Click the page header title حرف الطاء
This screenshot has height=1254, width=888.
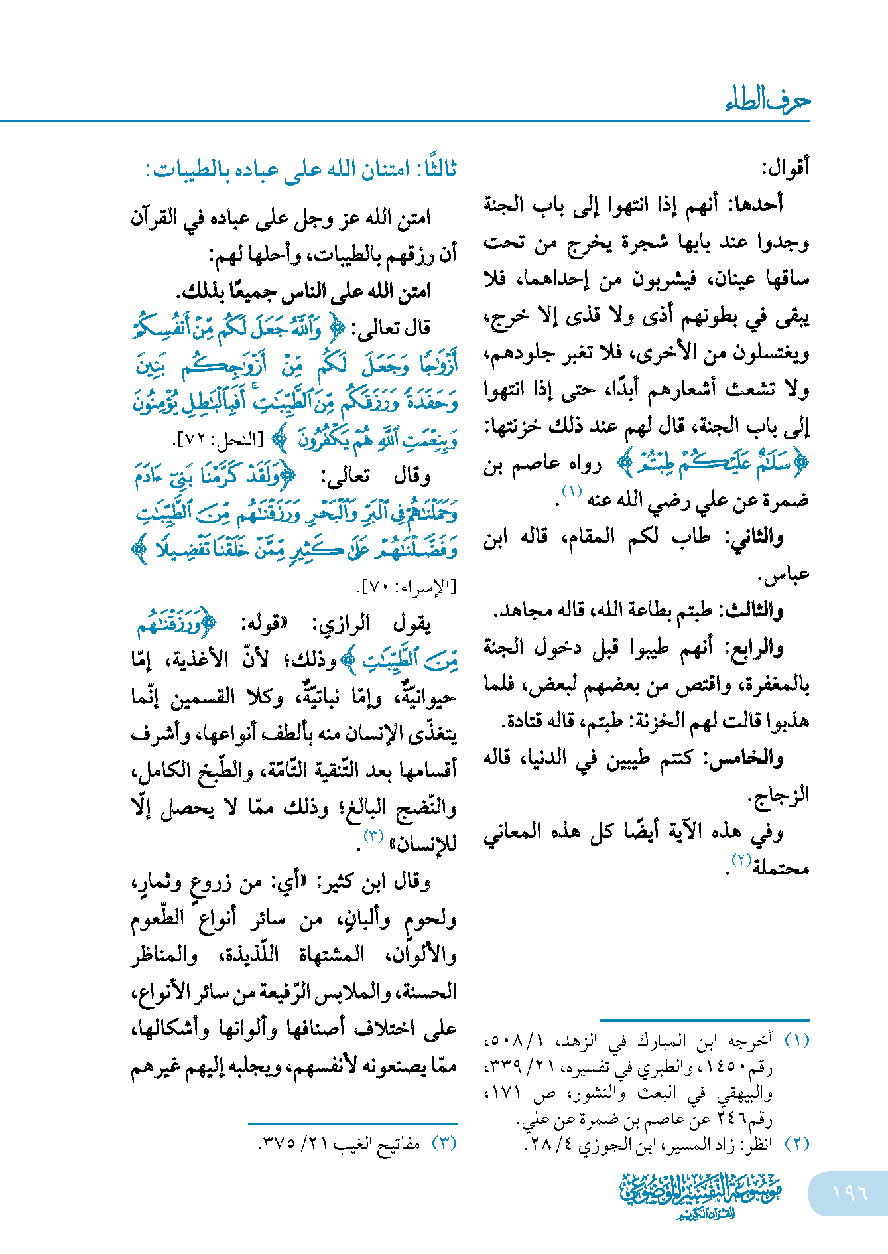767,100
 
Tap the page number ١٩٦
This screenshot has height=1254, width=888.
850,1192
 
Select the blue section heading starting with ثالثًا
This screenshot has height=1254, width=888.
302,169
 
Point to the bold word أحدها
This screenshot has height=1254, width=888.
756,204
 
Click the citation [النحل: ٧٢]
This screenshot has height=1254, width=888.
218,440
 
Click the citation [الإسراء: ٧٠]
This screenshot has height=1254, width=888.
409,587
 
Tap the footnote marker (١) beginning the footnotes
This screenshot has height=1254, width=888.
797,1040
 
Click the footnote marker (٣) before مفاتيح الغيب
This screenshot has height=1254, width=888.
444,1143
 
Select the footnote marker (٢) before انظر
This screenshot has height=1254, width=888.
797,1143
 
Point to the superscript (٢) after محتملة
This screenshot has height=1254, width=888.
740,860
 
